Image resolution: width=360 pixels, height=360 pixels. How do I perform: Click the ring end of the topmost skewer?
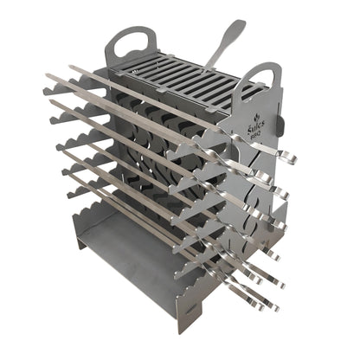tap(288, 158)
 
